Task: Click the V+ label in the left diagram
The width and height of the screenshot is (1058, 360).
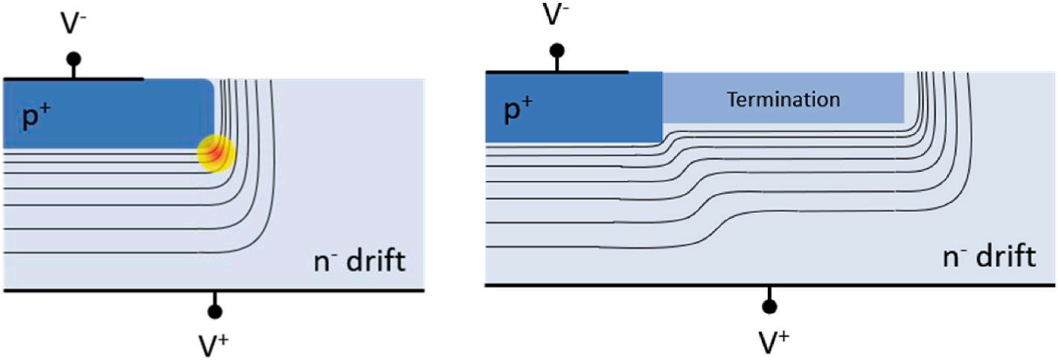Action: [x=215, y=341]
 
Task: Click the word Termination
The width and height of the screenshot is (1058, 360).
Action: [x=783, y=99]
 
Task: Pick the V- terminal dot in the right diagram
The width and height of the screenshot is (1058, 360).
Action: [x=557, y=51]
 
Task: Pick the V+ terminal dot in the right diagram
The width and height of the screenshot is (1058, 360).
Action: [x=769, y=306]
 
